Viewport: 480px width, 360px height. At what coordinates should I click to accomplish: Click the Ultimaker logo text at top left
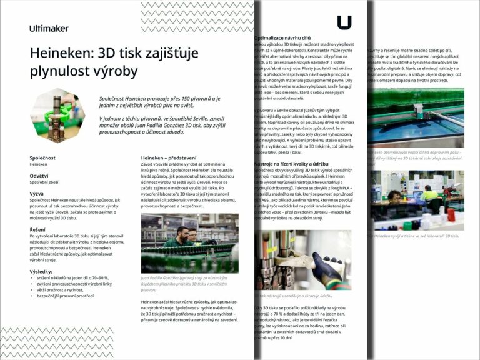click(x=49, y=28)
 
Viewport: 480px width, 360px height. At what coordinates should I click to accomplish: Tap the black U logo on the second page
click(x=344, y=22)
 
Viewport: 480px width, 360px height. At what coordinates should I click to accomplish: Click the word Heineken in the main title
click(x=61, y=54)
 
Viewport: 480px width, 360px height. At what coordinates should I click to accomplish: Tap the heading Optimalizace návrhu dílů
click(x=287, y=38)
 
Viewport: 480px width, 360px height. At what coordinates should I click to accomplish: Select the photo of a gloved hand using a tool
click(x=302, y=259)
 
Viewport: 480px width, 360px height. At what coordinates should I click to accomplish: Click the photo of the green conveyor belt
click(x=415, y=116)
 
